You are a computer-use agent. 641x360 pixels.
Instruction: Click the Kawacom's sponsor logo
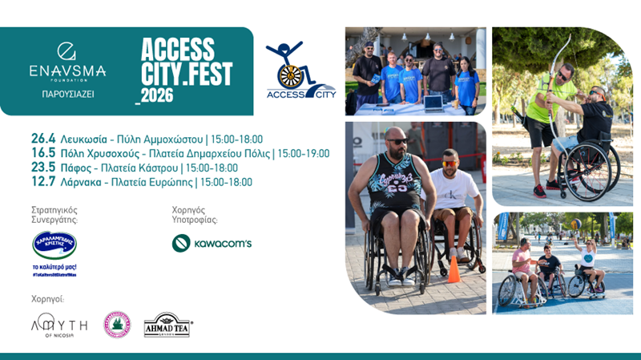click(x=212, y=243)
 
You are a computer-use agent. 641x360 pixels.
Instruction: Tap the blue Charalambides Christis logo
click(x=54, y=245)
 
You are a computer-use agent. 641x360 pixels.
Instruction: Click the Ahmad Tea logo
click(x=167, y=325)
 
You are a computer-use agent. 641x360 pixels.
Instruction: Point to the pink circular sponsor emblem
click(x=117, y=324)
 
